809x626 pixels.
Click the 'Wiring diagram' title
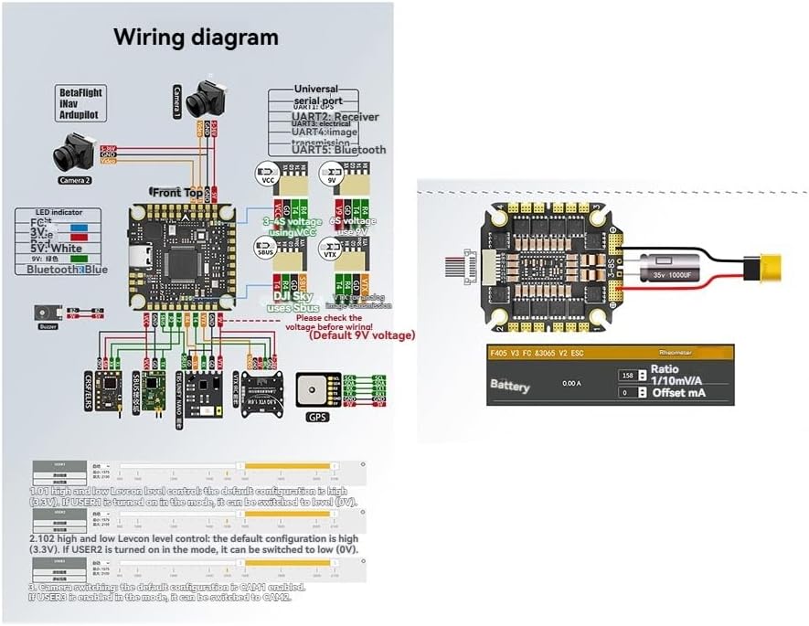click(196, 37)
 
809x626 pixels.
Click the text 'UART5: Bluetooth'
click(338, 150)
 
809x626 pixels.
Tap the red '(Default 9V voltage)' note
click(362, 335)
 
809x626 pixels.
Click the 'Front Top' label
click(177, 193)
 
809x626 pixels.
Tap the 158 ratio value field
click(628, 376)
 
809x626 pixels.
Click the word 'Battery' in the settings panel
click(510, 387)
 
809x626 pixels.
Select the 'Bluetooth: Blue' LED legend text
click(67, 270)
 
